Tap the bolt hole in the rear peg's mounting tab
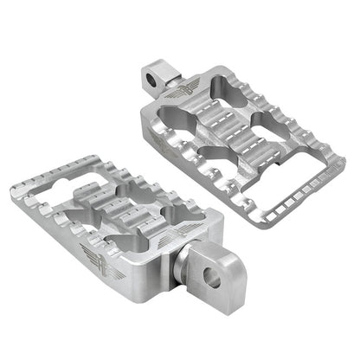155,80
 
